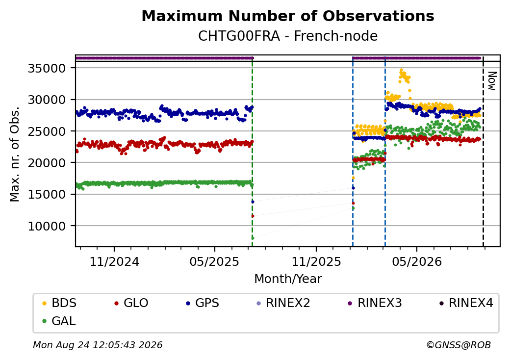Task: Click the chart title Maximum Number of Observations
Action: coord(288,16)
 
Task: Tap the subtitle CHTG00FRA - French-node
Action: coord(288,36)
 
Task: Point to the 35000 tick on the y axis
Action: coord(47,68)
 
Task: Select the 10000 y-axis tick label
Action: coord(47,226)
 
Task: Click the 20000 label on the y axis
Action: coord(47,163)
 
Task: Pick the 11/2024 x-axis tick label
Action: coord(114,262)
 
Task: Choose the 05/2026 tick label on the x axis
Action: coord(417,262)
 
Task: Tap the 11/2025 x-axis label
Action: coord(316,262)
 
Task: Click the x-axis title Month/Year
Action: coord(288,279)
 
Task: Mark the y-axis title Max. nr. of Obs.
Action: coord(15,154)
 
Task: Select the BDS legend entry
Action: coord(59,303)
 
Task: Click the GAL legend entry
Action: coord(59,321)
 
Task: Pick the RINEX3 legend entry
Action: coord(375,303)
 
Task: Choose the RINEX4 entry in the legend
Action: coord(466,303)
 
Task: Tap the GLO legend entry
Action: coord(131,303)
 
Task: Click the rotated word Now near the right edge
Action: coord(492,81)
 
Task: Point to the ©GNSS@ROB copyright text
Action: coord(459,345)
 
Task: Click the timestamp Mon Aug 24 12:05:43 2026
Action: coord(98,345)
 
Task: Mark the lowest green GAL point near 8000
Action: coord(253,238)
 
